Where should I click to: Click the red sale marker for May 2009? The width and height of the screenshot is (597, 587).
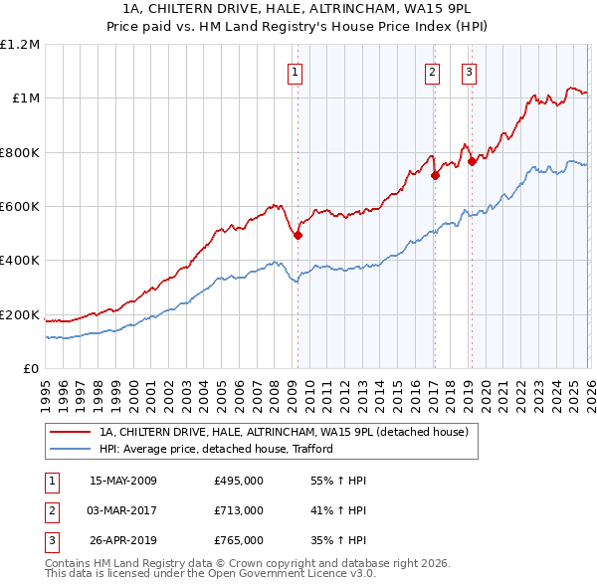coord(298,235)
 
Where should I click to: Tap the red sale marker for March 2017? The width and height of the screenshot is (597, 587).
coord(435,176)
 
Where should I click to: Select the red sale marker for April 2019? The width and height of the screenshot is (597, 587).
coord(472,162)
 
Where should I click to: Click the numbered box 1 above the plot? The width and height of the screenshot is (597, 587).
coord(297,71)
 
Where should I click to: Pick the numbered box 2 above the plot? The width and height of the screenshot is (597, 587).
coord(433,71)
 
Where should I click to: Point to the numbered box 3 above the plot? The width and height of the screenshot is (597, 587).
coord(469,71)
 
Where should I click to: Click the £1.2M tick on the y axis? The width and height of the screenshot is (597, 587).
coord(20,45)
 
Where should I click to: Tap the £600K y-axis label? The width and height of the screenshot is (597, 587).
coord(20,207)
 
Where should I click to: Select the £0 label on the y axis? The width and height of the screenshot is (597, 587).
coord(30,369)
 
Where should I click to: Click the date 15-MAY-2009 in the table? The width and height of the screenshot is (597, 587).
coord(123,481)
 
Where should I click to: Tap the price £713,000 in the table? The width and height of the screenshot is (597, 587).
coord(239,510)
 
